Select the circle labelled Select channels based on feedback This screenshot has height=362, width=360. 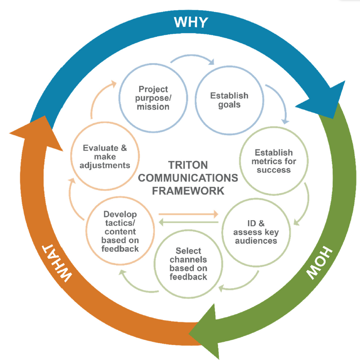tap(188, 264)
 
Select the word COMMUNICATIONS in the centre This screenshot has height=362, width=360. tap(188, 178)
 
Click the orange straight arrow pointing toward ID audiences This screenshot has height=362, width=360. tap(188, 214)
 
